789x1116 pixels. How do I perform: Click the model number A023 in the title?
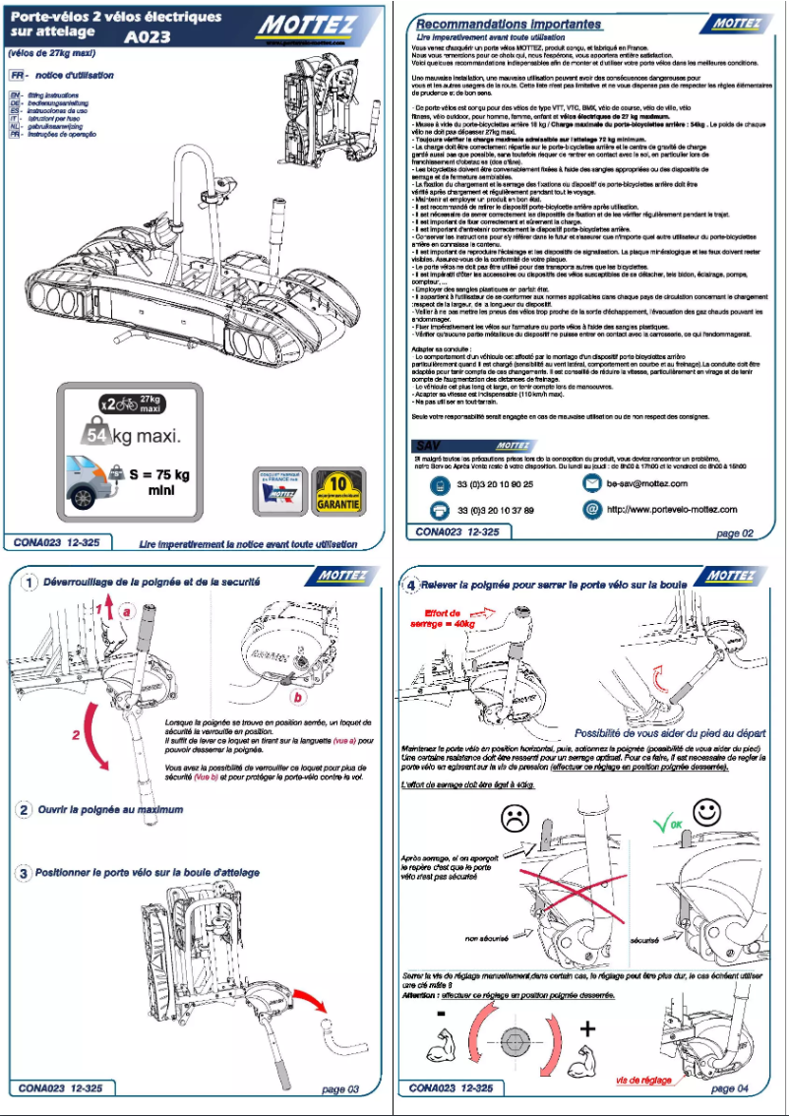pos(148,38)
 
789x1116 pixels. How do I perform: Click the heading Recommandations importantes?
pos(509,23)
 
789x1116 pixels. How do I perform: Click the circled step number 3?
pos(24,873)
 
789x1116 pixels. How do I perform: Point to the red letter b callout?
pos(295,696)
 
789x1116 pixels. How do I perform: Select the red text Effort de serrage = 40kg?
pos(449,618)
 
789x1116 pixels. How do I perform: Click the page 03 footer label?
pos(340,1088)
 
